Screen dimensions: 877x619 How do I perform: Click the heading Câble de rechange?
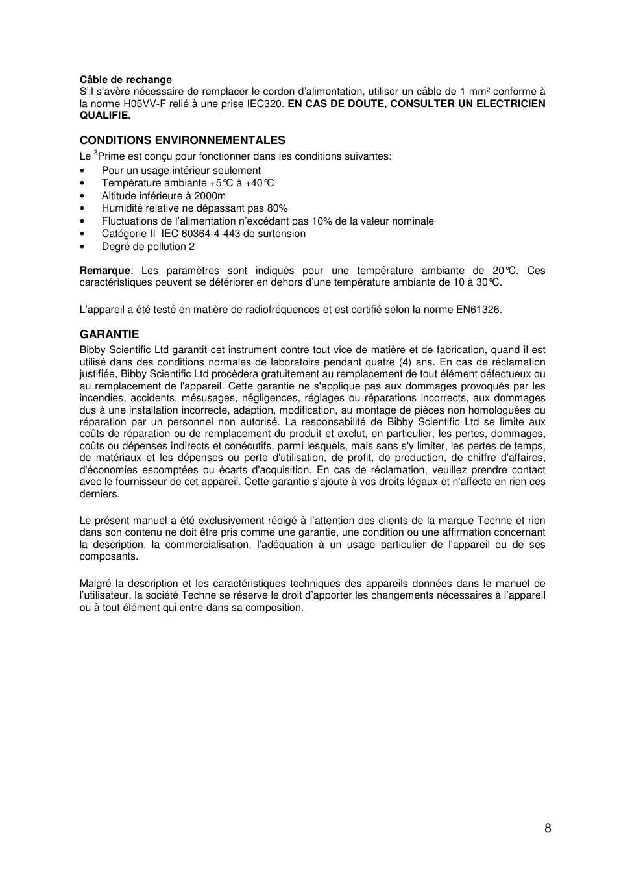tap(125, 80)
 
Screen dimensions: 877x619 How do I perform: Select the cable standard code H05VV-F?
tap(148, 104)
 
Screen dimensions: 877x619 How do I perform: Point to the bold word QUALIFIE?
tap(105, 116)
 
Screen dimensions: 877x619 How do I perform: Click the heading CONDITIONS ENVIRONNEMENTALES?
tap(182, 140)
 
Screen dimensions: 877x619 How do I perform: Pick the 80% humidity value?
tap(277, 208)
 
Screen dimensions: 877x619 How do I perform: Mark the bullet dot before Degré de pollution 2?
tap(83, 247)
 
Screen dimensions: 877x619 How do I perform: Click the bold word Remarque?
tap(104, 271)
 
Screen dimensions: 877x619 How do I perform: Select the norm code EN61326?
tap(479, 310)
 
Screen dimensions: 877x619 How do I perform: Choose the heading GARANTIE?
tap(109, 334)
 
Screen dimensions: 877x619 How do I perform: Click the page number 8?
tap(548, 828)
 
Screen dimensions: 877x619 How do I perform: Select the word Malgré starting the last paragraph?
tap(95, 584)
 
